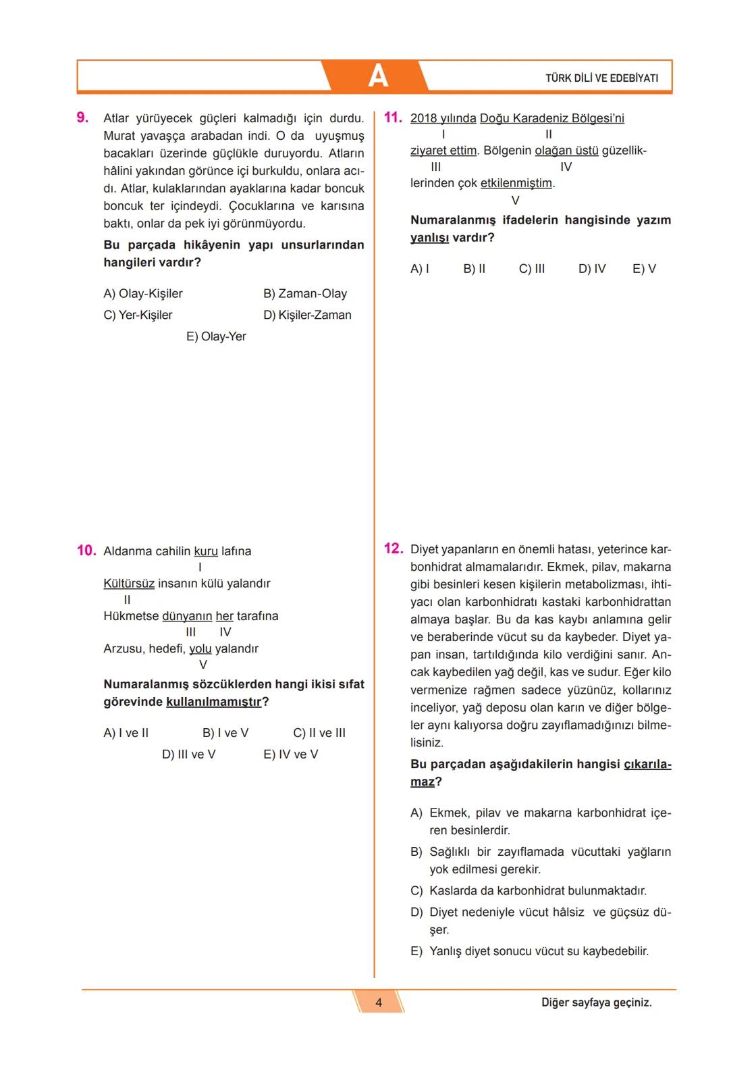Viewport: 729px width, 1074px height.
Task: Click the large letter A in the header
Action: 378,76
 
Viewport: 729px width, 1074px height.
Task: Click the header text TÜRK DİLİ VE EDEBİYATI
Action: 601,78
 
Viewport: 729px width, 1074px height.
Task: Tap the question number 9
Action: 82,118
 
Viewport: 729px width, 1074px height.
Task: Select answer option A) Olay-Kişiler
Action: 143,294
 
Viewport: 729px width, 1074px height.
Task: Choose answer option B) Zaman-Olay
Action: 305,294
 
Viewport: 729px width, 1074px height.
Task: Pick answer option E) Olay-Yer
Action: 216,336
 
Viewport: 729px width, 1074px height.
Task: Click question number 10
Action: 86,551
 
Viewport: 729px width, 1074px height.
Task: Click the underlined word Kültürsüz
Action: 129,584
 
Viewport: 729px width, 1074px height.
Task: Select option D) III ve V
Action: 188,755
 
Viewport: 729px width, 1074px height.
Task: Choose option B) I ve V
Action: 225,733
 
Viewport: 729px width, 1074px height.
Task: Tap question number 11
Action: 393,118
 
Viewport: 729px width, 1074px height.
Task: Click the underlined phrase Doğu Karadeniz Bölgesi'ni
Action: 551,119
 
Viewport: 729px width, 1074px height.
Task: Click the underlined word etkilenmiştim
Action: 516,184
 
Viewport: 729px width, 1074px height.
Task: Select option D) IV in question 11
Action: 592,269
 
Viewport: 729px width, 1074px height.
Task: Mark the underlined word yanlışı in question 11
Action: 429,238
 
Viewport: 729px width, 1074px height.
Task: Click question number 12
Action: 393,548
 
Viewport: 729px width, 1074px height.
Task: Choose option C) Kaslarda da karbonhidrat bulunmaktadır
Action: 529,891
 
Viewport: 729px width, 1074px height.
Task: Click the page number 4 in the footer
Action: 379,1003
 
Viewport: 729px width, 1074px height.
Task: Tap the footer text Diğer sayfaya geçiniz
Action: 596,1003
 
